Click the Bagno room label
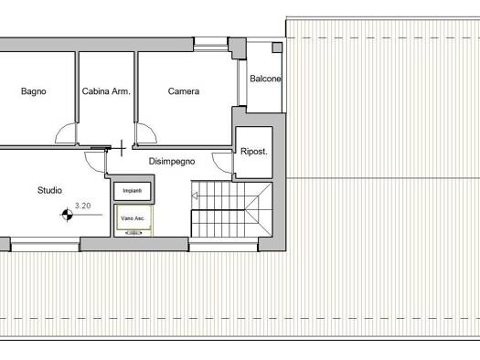pyautogui.click(x=33, y=91)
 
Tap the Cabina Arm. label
pyautogui.click(x=106, y=91)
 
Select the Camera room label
pyautogui.click(x=184, y=91)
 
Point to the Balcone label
pyautogui.click(x=265, y=79)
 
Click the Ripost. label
pyautogui.click(x=254, y=152)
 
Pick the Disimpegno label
pyautogui.click(x=172, y=161)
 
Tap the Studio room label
pyautogui.click(x=49, y=190)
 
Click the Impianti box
pyautogui.click(x=133, y=191)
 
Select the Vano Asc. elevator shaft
pyautogui.click(x=133, y=217)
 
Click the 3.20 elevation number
pyautogui.click(x=83, y=206)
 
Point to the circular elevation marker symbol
pyautogui.click(x=68, y=215)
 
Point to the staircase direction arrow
pyautogui.click(x=195, y=196)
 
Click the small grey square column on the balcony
pyautogui.click(x=277, y=48)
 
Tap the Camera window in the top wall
pyautogui.click(x=210, y=44)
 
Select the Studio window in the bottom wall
pyautogui.click(x=46, y=244)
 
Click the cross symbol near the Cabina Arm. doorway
pyautogui.click(x=122, y=148)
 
